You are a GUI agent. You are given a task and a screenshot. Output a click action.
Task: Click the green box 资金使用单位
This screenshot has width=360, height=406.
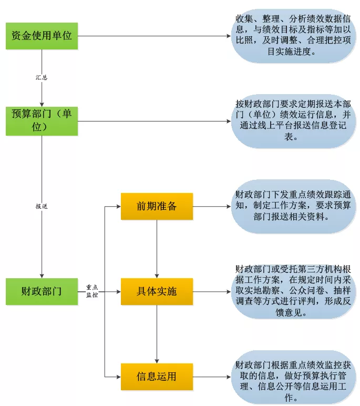tap(42, 36)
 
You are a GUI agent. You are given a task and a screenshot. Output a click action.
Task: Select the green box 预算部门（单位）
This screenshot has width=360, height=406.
tap(42, 120)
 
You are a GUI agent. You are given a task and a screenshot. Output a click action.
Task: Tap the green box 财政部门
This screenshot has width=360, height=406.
tap(42, 291)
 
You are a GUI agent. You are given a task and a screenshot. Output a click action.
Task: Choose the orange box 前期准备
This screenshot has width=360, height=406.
tap(157, 206)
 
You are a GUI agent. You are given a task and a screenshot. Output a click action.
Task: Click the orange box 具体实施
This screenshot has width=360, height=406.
tap(157, 291)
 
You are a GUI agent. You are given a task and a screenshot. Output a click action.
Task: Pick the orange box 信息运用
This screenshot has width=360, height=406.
tap(157, 377)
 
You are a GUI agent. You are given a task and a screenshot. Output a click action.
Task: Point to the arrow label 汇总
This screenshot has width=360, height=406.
tap(42, 77)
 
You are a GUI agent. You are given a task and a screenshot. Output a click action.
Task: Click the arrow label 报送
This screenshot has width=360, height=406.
tap(42, 207)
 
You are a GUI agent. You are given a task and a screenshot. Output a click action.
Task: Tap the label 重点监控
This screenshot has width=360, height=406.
tap(91, 291)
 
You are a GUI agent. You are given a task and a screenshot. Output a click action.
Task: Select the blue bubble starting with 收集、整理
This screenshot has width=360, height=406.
tap(292, 36)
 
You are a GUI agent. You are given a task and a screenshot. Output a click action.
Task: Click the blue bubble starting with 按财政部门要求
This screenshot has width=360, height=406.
tap(292, 120)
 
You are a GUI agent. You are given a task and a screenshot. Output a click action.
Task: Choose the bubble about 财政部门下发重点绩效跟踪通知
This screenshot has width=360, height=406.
tap(292, 207)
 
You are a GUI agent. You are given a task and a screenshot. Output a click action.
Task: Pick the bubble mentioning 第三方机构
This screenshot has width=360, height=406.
tap(292, 291)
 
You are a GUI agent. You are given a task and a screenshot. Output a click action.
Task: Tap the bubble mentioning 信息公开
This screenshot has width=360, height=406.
tap(292, 377)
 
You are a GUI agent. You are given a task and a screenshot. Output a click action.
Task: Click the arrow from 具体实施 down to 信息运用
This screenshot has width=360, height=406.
tap(157, 334)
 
